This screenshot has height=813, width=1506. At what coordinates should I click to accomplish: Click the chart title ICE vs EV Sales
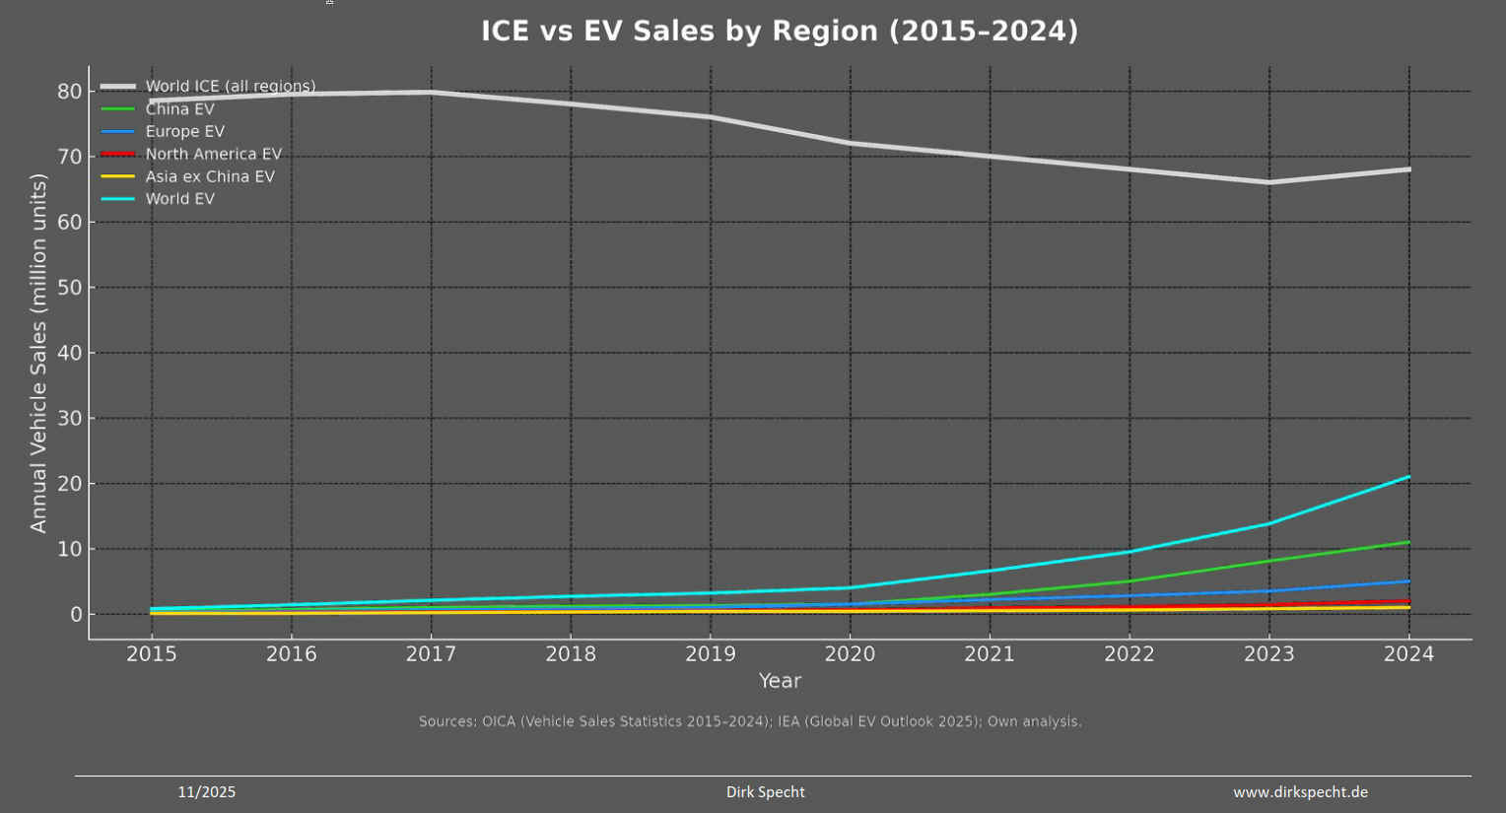779,32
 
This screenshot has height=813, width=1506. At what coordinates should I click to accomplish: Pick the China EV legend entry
179,109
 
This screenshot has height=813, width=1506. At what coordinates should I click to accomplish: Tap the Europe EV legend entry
184,132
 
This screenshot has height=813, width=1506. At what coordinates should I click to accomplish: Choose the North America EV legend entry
213,155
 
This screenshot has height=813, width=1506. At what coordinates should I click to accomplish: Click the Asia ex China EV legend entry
210,177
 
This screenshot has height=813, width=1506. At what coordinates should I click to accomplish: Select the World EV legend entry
179,199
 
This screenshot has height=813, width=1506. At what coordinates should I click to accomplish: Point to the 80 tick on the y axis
69,92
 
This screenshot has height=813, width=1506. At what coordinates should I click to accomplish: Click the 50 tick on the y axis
69,288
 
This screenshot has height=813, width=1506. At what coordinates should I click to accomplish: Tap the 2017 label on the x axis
431,654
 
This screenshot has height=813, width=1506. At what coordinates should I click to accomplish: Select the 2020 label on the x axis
850,654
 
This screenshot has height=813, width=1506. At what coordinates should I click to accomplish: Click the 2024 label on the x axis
1408,654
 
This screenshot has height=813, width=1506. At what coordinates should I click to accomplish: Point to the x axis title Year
780,681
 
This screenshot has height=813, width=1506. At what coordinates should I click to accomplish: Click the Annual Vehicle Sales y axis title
38,353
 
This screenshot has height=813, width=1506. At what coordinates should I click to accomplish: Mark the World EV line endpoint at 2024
1408,477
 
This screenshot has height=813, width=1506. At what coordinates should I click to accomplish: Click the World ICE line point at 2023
1268,182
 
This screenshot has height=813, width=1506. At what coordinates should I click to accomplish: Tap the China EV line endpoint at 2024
1408,542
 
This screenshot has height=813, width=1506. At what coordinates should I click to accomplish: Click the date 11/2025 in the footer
206,792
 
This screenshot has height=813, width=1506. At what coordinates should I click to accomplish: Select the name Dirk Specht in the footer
765,792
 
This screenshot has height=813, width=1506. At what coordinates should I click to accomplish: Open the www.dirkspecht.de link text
1300,792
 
